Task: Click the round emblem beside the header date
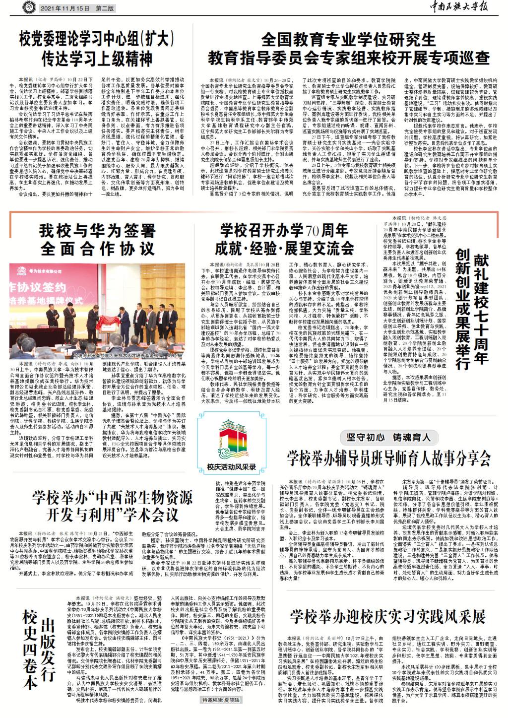[29, 7]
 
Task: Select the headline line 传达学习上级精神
[97, 59]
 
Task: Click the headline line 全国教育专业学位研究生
[348, 40]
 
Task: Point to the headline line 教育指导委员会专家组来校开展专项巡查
[348, 58]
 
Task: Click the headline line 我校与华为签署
[97, 231]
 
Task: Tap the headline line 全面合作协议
[97, 249]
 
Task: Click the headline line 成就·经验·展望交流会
[284, 248]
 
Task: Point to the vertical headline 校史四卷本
[30, 650]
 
